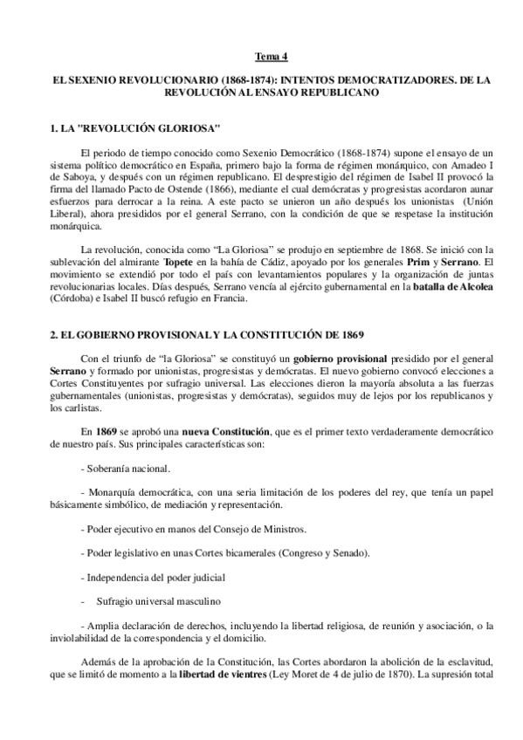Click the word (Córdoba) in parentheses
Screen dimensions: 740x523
(x=74, y=298)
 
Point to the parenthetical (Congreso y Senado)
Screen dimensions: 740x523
(x=316, y=553)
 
